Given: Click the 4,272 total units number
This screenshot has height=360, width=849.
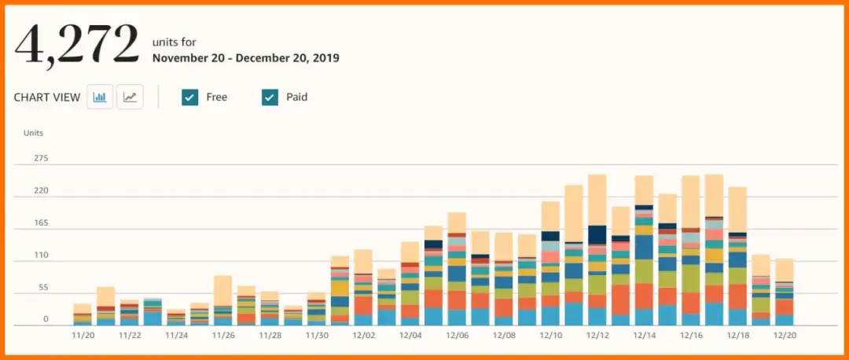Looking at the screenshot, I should pyautogui.click(x=76, y=46).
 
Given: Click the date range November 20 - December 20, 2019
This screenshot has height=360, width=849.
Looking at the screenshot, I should pyautogui.click(x=246, y=58).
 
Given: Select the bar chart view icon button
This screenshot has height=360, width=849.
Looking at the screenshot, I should pyautogui.click(x=100, y=97).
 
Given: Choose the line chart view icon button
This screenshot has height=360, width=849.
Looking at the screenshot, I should pyautogui.click(x=130, y=97).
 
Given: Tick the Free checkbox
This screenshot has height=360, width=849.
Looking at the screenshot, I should pyautogui.click(x=189, y=97).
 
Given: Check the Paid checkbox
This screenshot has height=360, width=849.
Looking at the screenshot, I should pyautogui.click(x=270, y=97).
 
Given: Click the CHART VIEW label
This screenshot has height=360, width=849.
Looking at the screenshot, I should pyautogui.click(x=47, y=97).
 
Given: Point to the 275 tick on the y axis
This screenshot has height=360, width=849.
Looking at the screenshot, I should pyautogui.click(x=41, y=159).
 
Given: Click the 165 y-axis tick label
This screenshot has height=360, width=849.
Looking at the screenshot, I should pyautogui.click(x=41, y=223).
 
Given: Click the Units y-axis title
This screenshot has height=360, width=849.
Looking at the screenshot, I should pyautogui.click(x=33, y=133).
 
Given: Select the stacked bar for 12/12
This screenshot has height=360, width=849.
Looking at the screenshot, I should pyautogui.click(x=597, y=252).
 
